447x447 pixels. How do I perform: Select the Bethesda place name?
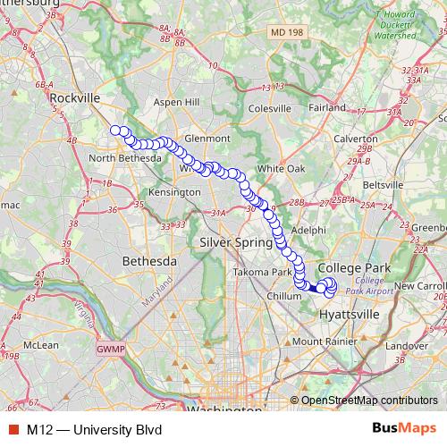tap(149, 261)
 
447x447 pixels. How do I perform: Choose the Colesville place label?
tap(270, 108)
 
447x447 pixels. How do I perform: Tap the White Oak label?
tap(281, 168)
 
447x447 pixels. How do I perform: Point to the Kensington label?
tap(174, 192)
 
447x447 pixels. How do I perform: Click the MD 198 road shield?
tap(285, 32)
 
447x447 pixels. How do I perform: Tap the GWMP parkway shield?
tap(107, 350)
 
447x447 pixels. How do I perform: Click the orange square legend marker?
tap(12, 429)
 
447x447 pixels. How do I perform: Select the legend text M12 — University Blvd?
tap(88, 429)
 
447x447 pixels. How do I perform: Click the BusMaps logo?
tap(404, 428)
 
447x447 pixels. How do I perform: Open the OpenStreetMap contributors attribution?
tap(369, 400)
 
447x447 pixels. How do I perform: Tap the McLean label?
tap(41, 343)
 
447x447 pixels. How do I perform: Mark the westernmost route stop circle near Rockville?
tap(114, 131)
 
